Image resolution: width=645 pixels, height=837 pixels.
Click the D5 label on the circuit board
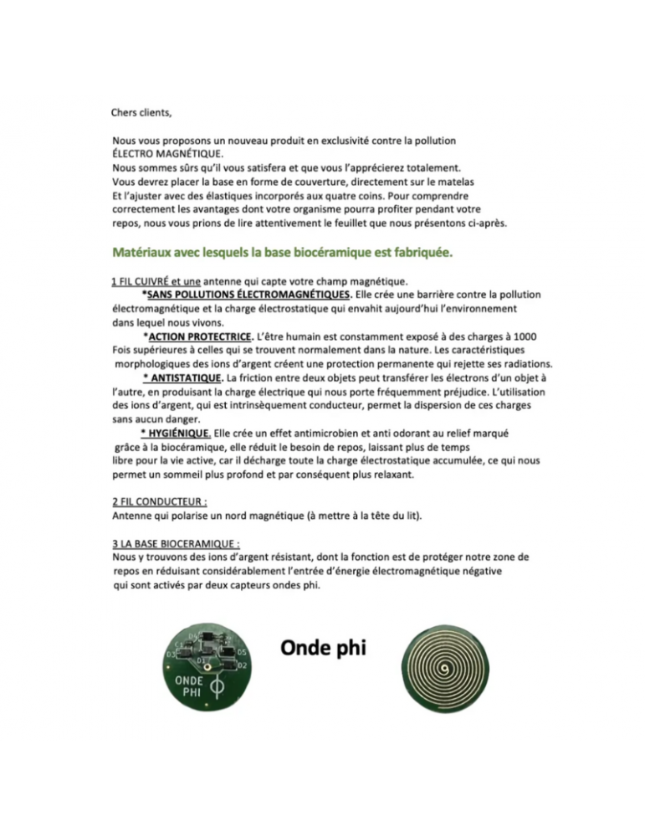pyautogui.click(x=241, y=652)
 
